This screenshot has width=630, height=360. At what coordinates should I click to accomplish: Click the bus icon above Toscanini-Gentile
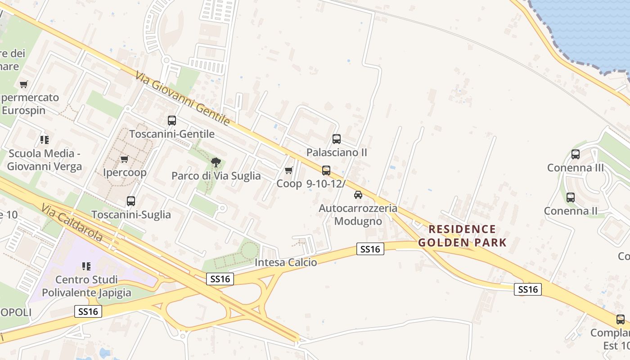(172, 121)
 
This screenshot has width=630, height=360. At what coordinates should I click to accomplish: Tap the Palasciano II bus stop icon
(337, 139)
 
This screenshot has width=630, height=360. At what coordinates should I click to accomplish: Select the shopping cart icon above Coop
(289, 170)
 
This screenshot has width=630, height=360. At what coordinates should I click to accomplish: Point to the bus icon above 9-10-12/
(326, 171)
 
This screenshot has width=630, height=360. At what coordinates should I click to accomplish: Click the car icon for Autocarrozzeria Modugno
(358, 195)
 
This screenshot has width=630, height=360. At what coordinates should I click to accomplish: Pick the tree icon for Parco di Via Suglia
(216, 162)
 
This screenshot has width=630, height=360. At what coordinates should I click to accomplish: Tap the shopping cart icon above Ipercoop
(125, 159)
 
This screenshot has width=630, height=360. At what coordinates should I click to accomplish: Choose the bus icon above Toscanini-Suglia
(131, 201)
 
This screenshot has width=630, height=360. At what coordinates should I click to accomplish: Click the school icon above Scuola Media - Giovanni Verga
(44, 140)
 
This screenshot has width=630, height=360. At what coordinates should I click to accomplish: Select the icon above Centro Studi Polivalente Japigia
(86, 266)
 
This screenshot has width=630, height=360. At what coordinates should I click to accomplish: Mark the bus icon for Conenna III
(576, 154)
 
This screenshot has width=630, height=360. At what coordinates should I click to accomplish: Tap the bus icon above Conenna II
(571, 198)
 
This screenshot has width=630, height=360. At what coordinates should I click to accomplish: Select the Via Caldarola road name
(72, 223)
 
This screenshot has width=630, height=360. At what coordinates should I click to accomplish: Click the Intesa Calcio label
(286, 262)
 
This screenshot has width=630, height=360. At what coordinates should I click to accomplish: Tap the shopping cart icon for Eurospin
(24, 84)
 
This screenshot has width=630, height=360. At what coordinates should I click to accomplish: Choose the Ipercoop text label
(125, 173)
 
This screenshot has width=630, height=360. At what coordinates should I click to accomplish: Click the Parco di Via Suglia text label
(216, 176)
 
